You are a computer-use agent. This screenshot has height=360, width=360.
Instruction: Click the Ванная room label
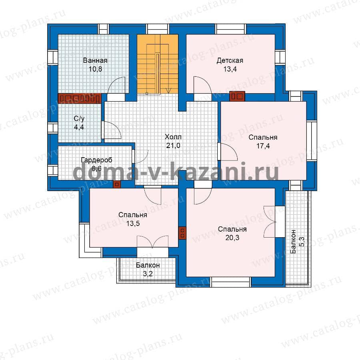pyautogui.click(x=95, y=60)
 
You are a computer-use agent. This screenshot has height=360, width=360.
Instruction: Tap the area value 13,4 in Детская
pyautogui.click(x=230, y=69)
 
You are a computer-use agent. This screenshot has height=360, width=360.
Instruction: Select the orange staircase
pyautogui.click(x=158, y=64)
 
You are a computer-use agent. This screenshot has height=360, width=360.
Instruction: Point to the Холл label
pyautogui.click(x=173, y=137)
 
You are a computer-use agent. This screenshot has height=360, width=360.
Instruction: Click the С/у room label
pyautogui.click(x=79, y=118)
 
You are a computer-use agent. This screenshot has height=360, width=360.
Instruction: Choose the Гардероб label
pyautogui.click(x=96, y=160)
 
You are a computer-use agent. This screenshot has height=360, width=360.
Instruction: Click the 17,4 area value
pyautogui.click(x=263, y=146)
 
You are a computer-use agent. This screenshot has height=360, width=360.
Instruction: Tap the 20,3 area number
pyautogui.click(x=232, y=238)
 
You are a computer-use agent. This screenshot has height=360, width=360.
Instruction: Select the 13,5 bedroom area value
pyautogui.click(x=133, y=223)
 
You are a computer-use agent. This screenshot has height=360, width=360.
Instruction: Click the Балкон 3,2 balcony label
pyautogui.click(x=148, y=269)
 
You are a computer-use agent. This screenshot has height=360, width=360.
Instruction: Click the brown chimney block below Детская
pyautogui.click(x=237, y=96)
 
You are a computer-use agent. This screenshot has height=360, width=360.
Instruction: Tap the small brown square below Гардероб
pyautogui.click(x=117, y=184)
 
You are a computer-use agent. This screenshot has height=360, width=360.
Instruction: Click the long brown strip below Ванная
pyautogui.click(x=80, y=98)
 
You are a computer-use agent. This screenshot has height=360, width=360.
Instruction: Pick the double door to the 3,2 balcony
pyautogui.click(x=153, y=242)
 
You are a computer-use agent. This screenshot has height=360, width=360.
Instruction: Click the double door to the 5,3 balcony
pyautogui.click(x=270, y=222)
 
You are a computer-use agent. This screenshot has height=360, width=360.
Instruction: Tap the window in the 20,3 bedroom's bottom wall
pyautogui.click(x=230, y=282)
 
